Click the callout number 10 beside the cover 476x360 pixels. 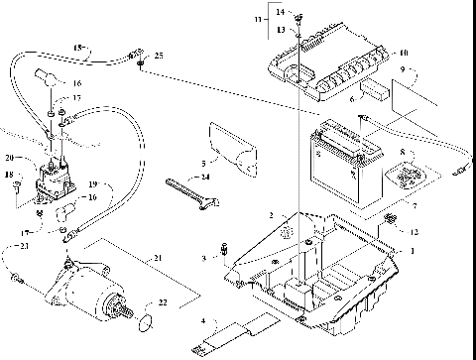pos(404,53)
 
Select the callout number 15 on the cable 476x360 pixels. pos(79,47)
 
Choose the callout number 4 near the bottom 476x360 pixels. pos(203,321)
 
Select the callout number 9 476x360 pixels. pos(403,69)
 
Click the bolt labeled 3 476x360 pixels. pos(227,257)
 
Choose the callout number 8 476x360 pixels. pos(402,154)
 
